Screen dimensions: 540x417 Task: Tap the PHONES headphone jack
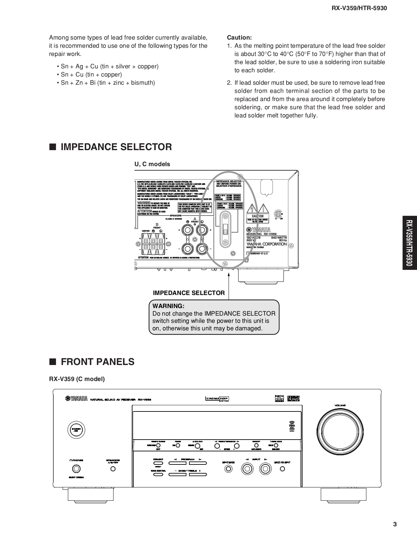[x=76, y=469]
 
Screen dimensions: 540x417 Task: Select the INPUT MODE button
[x=229, y=469]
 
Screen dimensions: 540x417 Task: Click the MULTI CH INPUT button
[x=283, y=469]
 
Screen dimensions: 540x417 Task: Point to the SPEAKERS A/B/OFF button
[x=113, y=469]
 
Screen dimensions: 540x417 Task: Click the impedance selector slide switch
[x=225, y=229]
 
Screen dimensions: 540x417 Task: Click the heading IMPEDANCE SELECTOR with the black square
[x=111, y=147]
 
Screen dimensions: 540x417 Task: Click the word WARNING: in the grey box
[x=168, y=306]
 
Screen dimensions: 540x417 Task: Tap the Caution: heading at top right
[x=239, y=38]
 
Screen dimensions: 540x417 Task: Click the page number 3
[x=395, y=524]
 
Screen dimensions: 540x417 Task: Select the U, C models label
[x=152, y=164]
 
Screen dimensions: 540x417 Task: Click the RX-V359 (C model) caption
[x=77, y=379]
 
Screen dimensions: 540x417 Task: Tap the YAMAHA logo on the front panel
[x=76, y=398]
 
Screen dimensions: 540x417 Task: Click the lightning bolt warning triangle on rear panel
[x=252, y=209]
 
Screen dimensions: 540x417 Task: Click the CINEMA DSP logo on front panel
[x=217, y=399]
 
